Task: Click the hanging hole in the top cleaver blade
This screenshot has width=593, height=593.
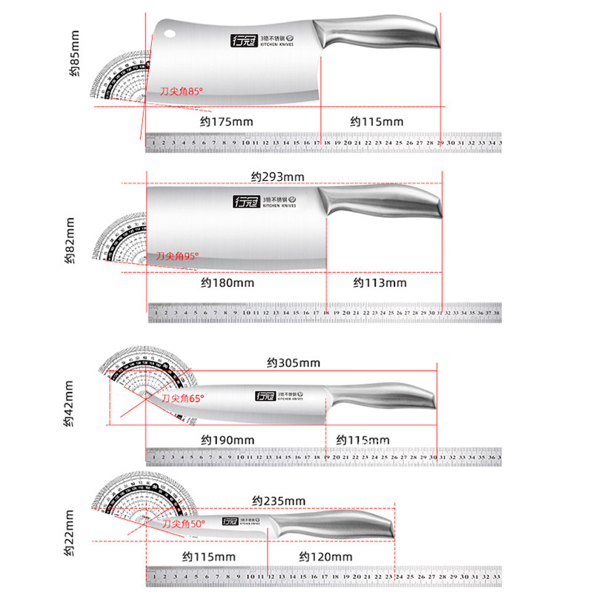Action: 169,33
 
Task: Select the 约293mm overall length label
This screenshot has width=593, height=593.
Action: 277,176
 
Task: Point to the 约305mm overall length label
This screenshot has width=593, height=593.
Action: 294,362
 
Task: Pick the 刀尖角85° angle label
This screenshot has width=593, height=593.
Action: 181,91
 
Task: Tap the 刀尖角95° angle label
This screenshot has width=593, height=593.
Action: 177,256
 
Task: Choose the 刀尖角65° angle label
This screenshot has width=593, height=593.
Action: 182,398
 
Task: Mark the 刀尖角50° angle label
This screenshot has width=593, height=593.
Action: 183,523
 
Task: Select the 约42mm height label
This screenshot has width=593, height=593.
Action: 68,405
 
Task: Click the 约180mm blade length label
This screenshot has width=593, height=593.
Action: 227,282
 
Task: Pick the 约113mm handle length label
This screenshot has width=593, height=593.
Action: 380,282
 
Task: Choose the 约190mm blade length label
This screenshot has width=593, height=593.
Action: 228,440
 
